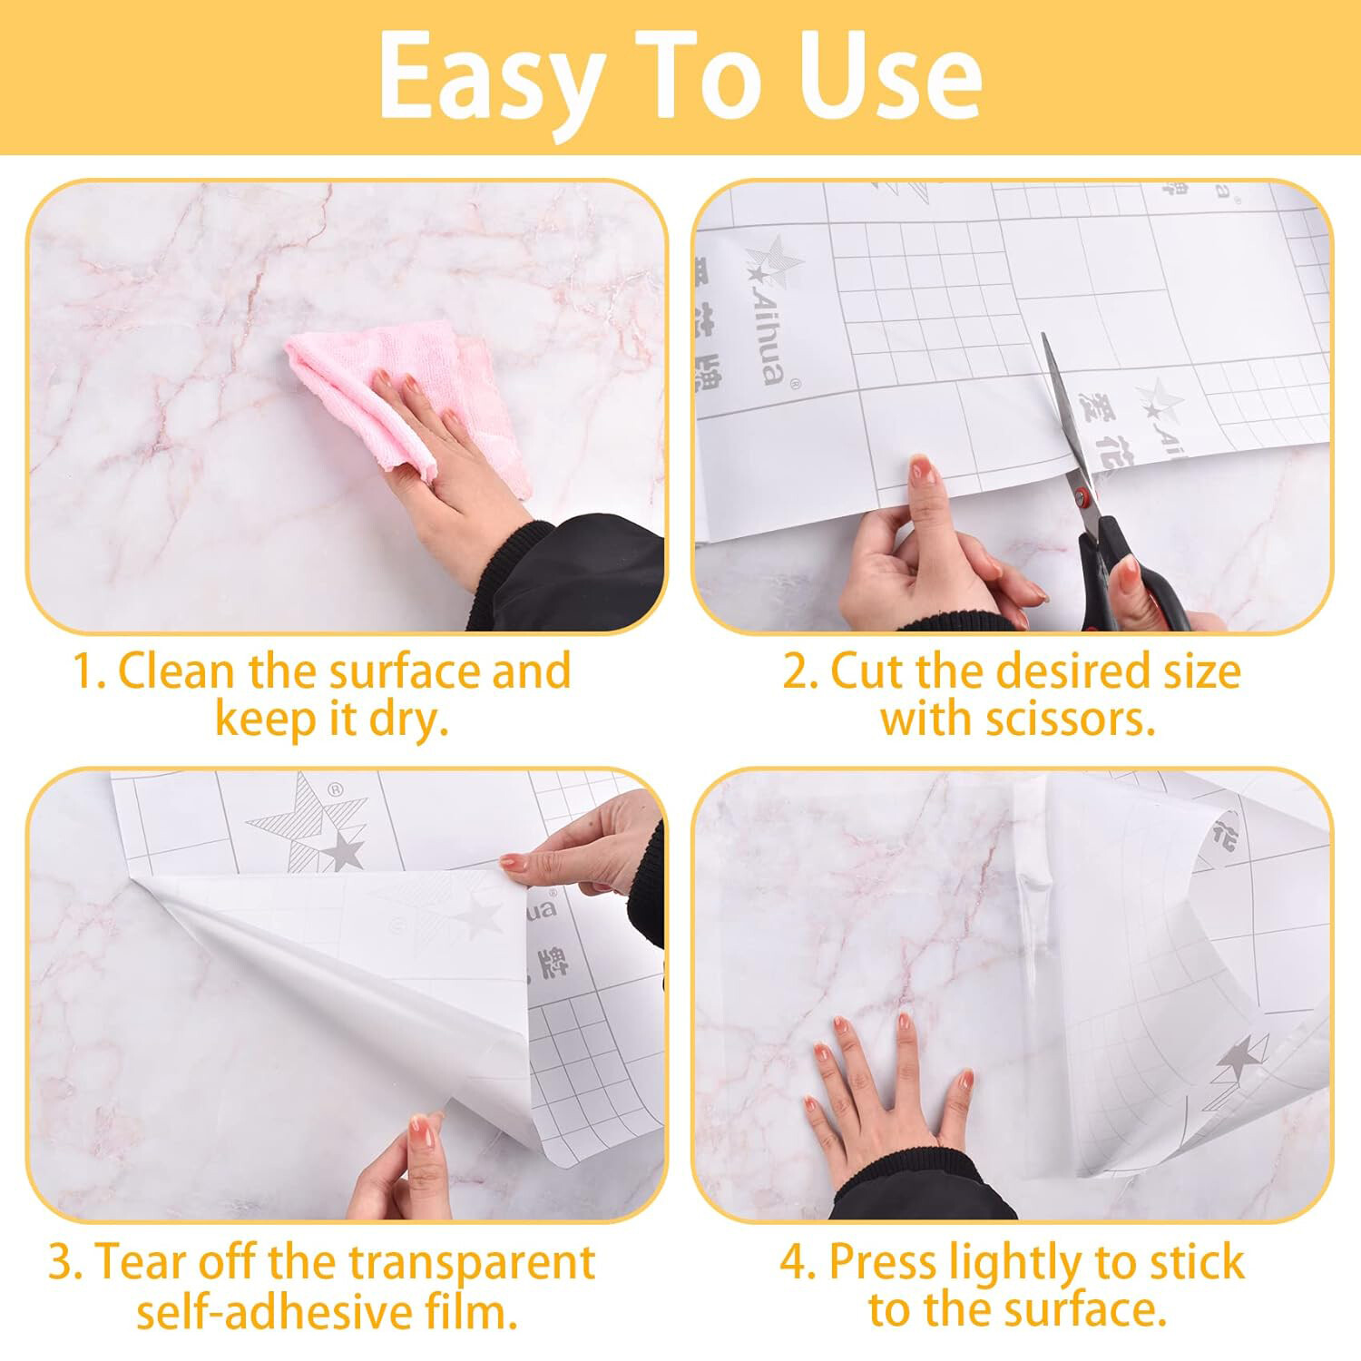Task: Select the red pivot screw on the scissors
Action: pyautogui.click(x=1082, y=496)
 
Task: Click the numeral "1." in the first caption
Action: pyautogui.click(x=89, y=672)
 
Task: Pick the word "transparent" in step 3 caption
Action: pyautogui.click(x=472, y=1262)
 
